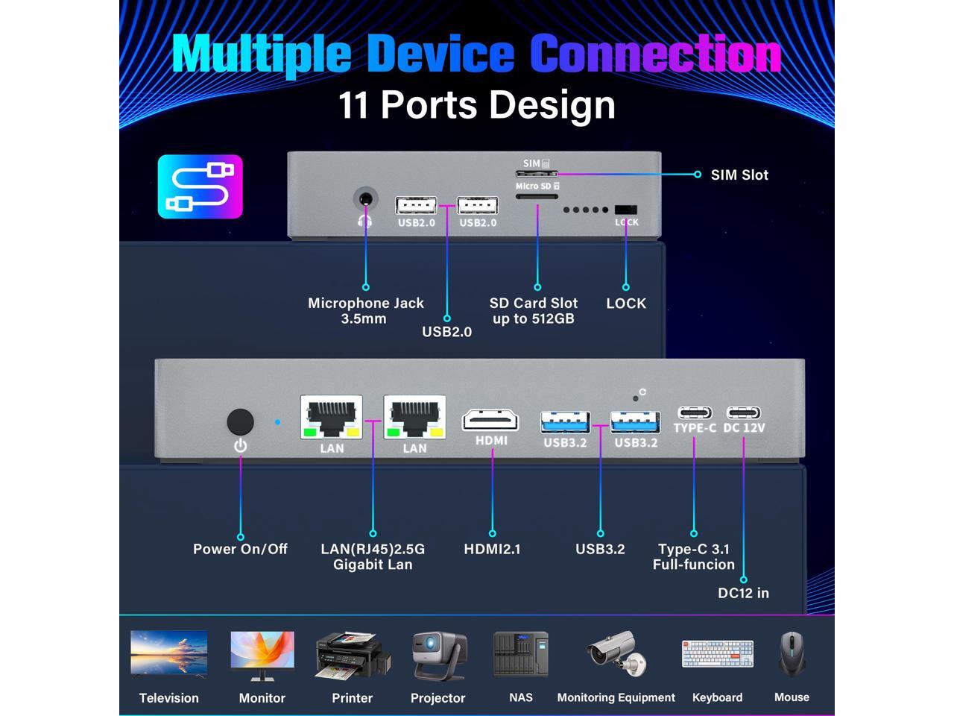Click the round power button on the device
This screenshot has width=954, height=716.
pos(240,422)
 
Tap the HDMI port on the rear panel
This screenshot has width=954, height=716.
pos(491,419)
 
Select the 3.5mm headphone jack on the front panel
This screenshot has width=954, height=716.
pos(365,200)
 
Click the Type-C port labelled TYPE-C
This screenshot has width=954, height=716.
pos(694,412)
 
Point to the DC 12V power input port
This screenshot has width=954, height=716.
pos(744,412)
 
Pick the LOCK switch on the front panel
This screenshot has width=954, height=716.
pos(626,210)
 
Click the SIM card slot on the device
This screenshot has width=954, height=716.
pos(537,174)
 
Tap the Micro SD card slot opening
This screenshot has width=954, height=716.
pos(537,198)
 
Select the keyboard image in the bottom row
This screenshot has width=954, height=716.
pos(717,654)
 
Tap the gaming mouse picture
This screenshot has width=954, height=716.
pos(792,654)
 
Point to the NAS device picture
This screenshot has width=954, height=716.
pos(520,654)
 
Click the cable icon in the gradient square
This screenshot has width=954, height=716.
pos(200,186)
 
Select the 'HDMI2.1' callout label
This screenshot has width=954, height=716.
pos(492,549)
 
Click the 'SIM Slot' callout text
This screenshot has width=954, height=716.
pos(739,175)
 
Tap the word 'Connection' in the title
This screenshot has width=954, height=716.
pos(655,54)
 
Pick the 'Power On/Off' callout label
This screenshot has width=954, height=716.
pos(240,549)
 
